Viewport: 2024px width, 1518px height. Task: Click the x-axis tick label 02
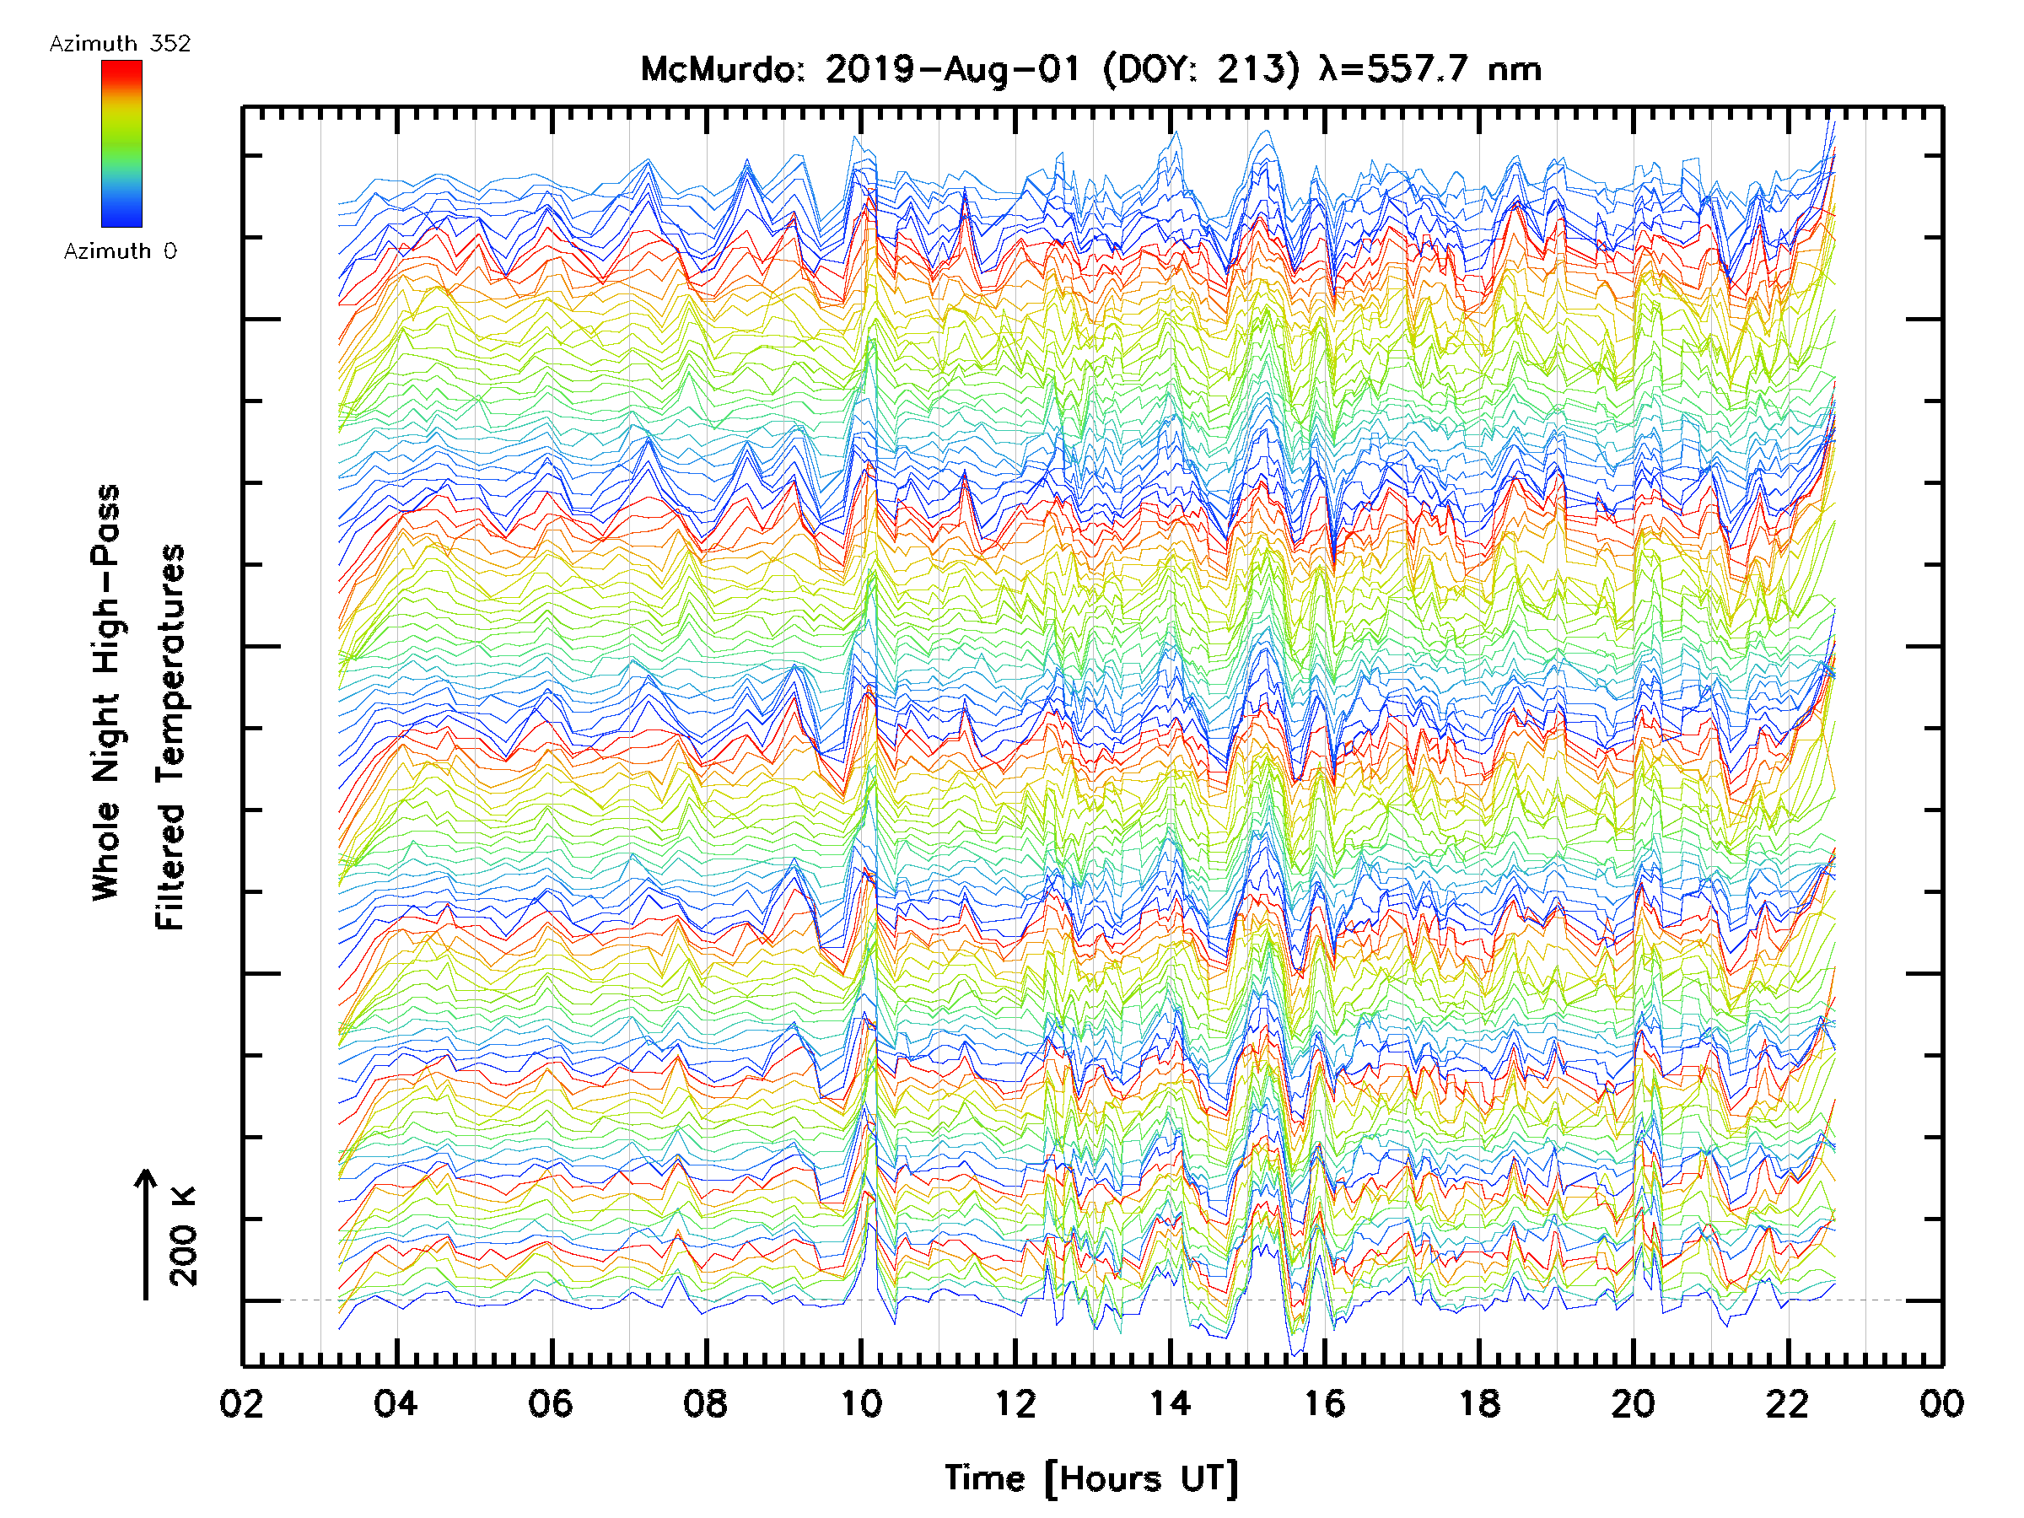[241, 1403]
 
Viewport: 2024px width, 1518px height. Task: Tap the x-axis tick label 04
[396, 1403]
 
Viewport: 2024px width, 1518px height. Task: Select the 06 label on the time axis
[551, 1403]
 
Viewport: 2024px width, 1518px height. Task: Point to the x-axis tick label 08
[706, 1403]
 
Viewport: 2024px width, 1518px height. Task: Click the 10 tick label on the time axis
[860, 1403]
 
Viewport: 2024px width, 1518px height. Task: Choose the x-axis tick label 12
[1015, 1403]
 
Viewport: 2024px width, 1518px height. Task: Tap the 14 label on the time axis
[1170, 1403]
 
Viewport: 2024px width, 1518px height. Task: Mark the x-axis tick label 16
[1324, 1403]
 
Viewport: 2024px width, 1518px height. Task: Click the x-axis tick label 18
[1478, 1403]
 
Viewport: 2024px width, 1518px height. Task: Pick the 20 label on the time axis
[1634, 1403]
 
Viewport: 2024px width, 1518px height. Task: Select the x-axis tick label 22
[1788, 1403]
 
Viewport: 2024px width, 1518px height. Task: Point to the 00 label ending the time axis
[1941, 1403]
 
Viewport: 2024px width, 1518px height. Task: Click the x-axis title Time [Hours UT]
[1091, 1478]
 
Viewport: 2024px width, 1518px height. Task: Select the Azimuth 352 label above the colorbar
[120, 44]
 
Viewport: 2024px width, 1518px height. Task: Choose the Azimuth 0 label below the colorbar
[120, 250]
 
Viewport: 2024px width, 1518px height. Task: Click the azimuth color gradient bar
[121, 143]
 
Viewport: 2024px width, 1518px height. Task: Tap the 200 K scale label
[183, 1235]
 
